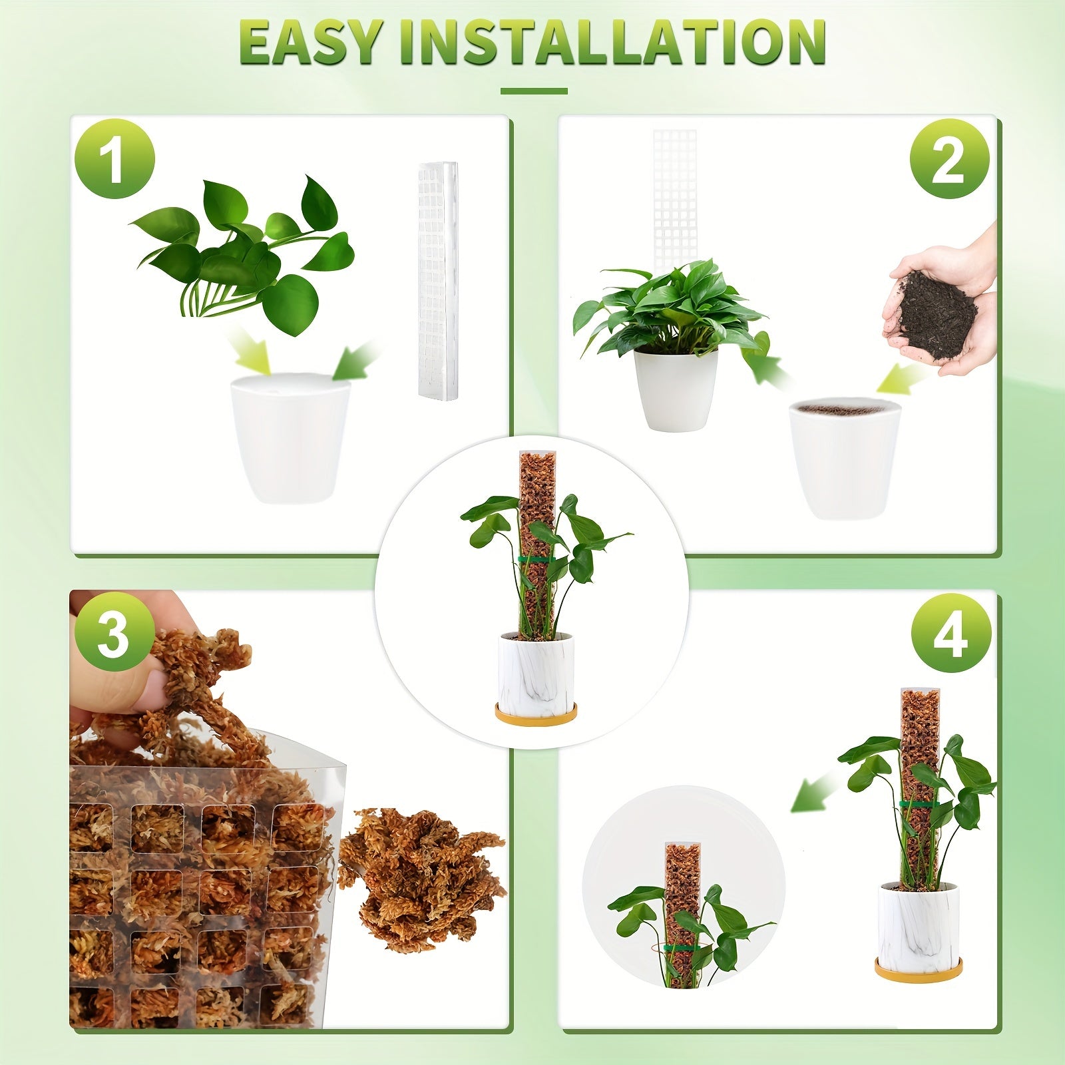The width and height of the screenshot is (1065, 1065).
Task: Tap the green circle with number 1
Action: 115,159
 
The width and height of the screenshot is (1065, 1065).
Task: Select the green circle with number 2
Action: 949,159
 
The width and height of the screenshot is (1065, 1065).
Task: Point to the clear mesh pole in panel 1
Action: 437,280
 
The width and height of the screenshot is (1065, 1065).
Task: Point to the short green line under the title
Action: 533,91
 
